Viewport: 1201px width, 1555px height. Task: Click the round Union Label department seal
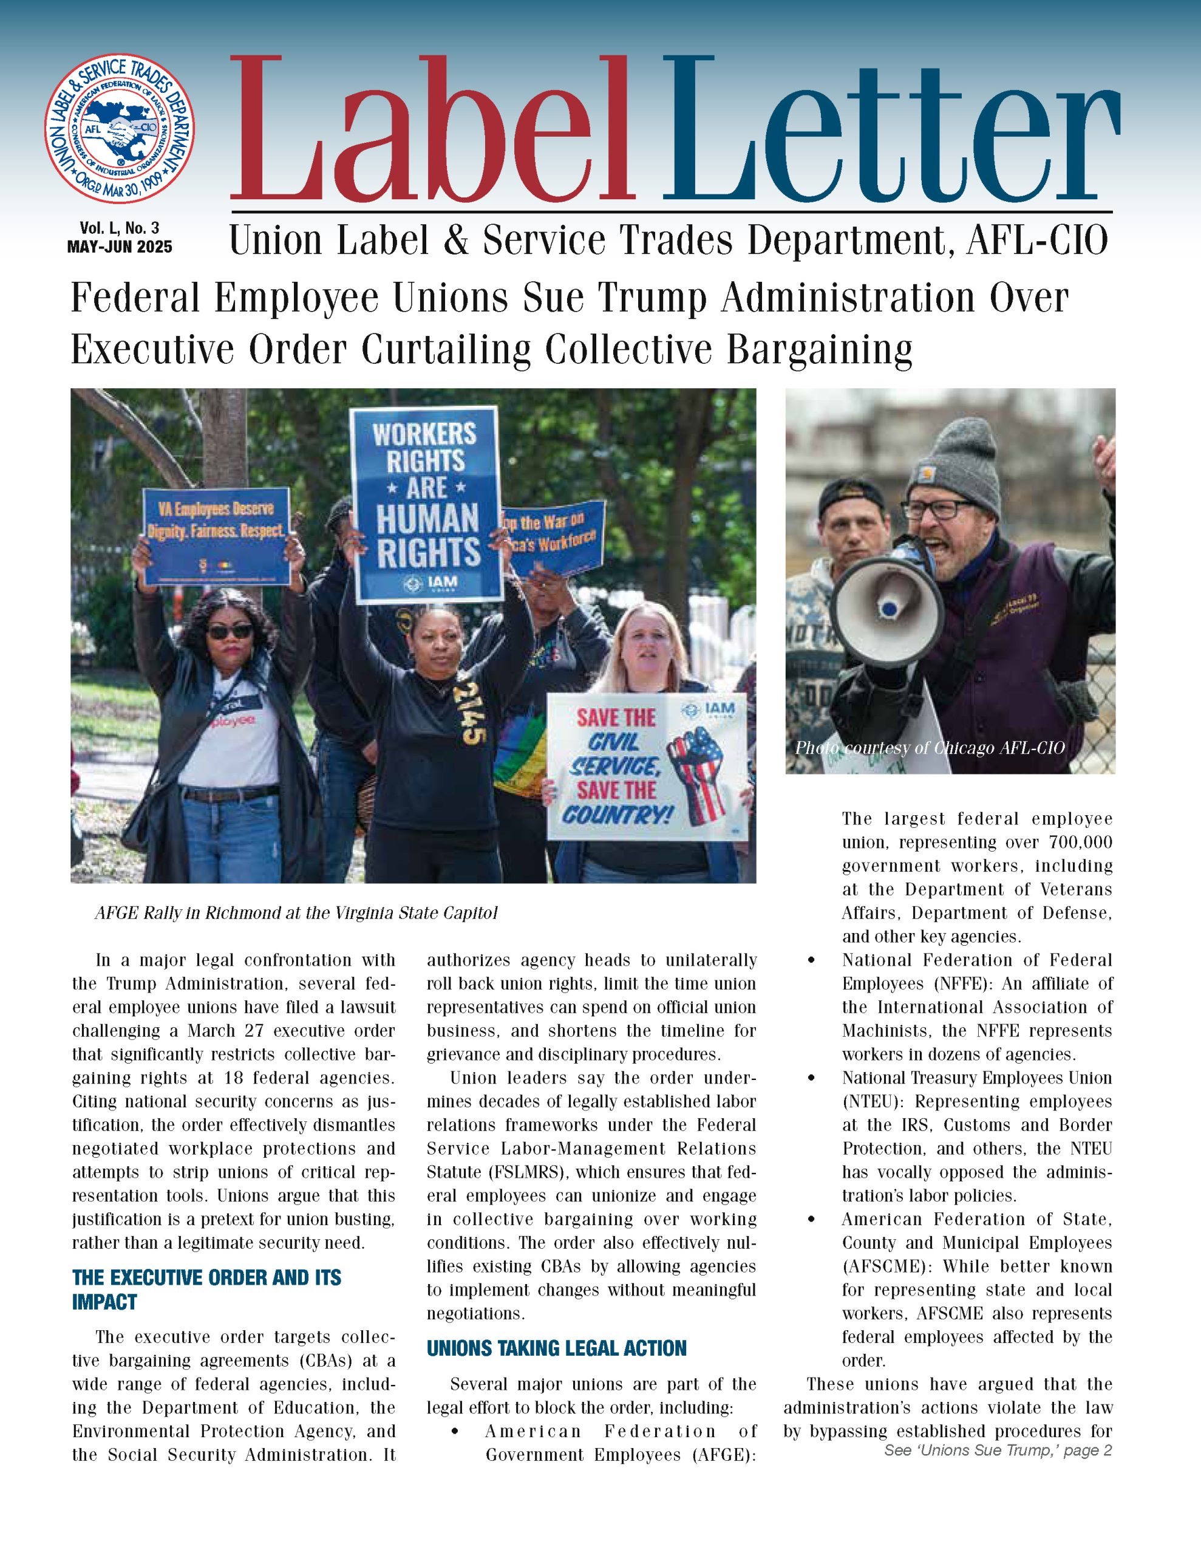tap(120, 128)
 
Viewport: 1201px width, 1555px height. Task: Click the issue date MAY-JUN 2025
tap(120, 247)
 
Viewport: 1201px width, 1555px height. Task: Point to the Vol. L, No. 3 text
tap(120, 228)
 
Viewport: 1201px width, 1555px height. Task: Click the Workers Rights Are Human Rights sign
tap(426, 504)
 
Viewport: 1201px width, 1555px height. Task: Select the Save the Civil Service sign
tap(647, 766)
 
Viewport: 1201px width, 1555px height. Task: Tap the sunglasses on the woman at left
tap(230, 631)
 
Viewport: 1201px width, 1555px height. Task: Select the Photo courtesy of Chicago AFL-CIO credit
tap(930, 748)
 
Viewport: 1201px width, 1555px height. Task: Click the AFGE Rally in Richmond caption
tap(296, 913)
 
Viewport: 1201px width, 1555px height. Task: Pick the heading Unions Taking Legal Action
tap(557, 1348)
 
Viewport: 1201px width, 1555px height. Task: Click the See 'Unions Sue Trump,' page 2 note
tap(998, 1451)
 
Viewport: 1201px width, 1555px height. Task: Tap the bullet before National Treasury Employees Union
tap(812, 1079)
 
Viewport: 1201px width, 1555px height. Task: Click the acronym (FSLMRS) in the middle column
tap(497, 1172)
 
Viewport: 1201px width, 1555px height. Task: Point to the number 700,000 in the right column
tap(1080, 842)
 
